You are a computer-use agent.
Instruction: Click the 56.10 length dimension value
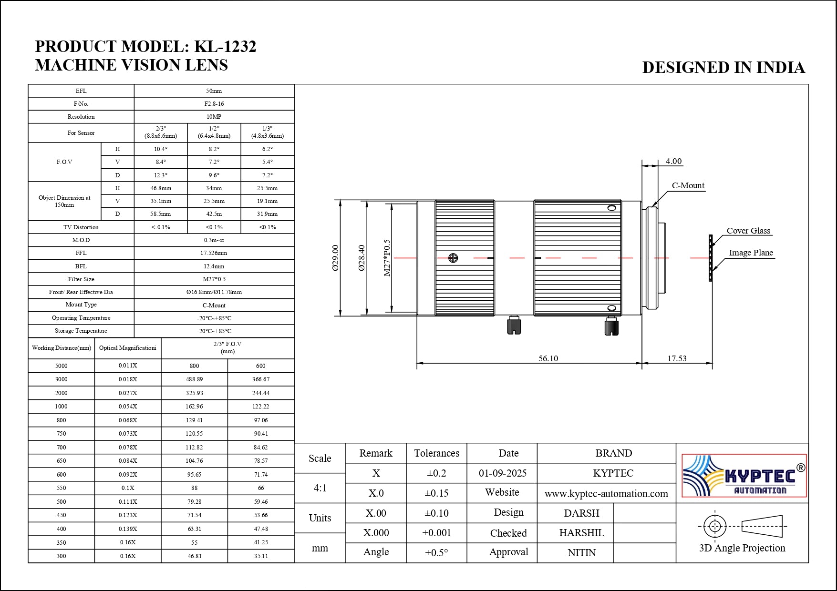pos(548,358)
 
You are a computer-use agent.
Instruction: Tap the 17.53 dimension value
pos(677,358)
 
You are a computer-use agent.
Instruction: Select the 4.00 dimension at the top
pos(673,161)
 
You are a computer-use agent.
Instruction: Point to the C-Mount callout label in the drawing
pos(688,185)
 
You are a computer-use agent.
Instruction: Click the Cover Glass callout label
pos(748,231)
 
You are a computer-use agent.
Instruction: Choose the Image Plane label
pos(751,253)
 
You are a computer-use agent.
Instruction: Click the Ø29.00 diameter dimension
pos(335,258)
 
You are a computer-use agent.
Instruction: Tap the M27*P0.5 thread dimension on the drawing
pos(387,258)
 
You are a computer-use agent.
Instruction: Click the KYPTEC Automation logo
pos(744,476)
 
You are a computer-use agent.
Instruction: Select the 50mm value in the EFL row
pos(214,91)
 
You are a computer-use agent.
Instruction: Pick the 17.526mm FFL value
pos(214,253)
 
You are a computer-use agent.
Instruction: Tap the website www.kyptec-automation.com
pos(606,494)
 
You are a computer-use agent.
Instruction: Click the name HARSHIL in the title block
pos(581,533)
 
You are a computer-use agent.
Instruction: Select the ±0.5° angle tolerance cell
pos(436,552)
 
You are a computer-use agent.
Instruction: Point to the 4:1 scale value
pos(320,488)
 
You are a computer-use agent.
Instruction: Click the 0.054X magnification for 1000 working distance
pos(128,407)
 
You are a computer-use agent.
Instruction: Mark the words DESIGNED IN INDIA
pos(723,68)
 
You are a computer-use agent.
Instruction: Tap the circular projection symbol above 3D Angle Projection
pos(714,526)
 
